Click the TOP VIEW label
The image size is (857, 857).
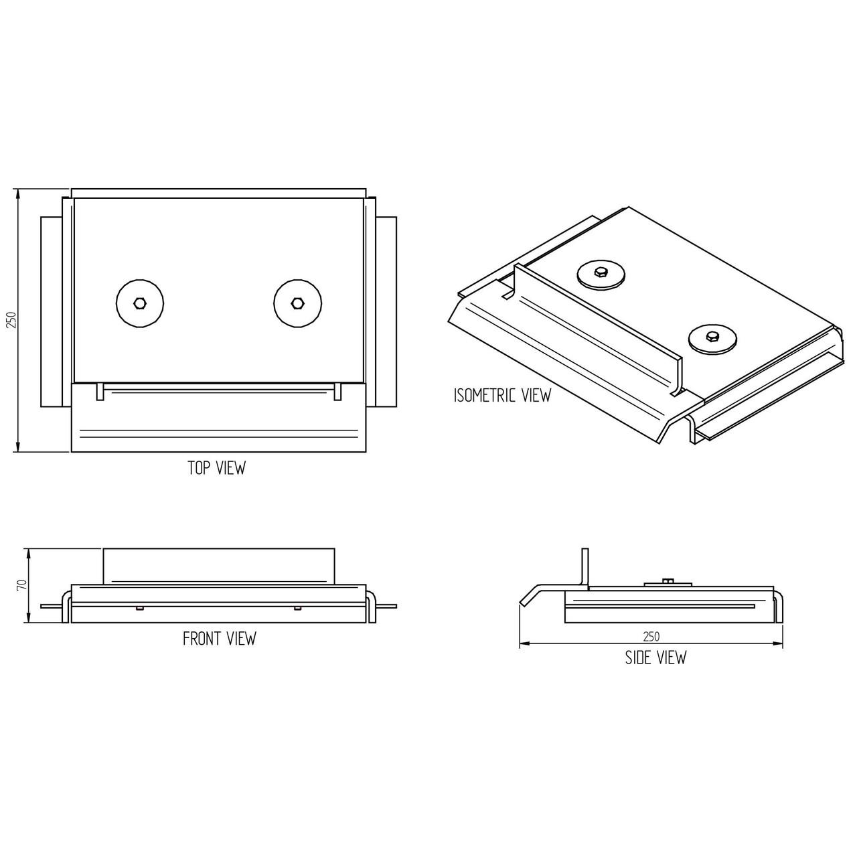(216, 468)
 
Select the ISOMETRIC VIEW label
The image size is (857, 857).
(502, 395)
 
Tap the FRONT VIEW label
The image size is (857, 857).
(220, 639)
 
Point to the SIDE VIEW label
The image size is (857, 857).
(656, 657)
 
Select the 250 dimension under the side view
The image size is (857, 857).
(651, 637)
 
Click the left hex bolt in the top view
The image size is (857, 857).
(140, 303)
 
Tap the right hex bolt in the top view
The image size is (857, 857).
(297, 303)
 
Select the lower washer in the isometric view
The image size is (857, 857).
(712, 337)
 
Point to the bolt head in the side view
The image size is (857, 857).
(668, 581)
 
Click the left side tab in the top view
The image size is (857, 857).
(51, 311)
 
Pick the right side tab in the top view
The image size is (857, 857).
(386, 311)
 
